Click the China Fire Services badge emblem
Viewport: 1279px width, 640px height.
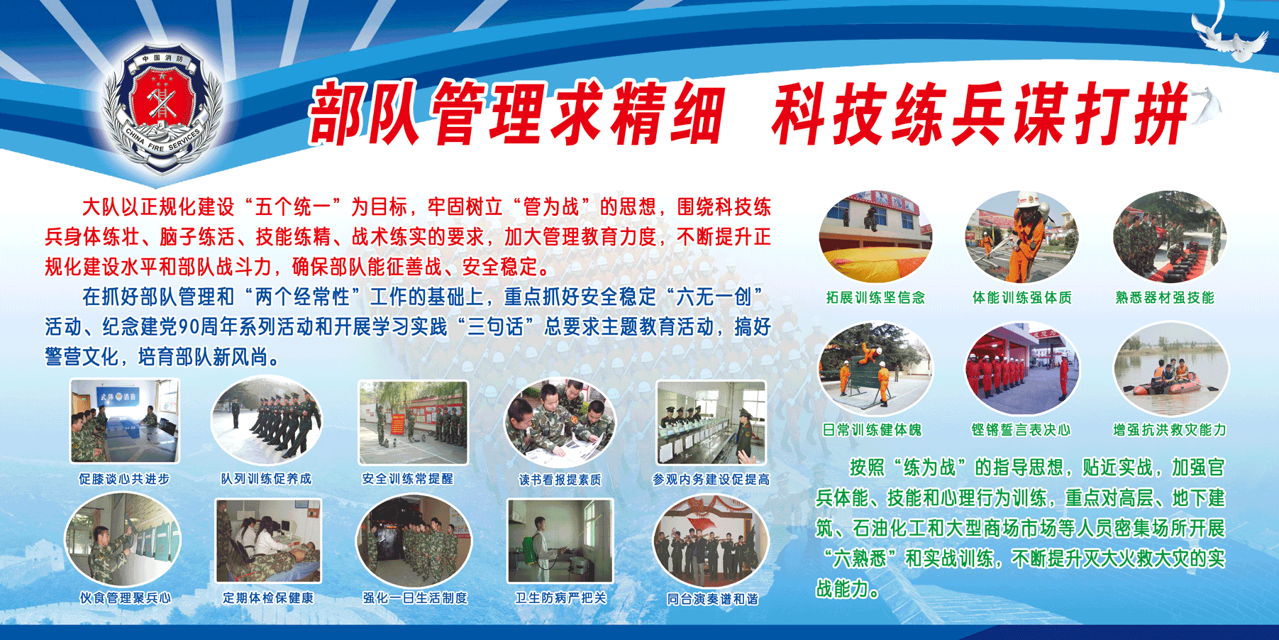pyautogui.click(x=163, y=110)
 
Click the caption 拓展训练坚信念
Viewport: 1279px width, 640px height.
pyautogui.click(x=875, y=298)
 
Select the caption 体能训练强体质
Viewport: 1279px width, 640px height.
pyautogui.click(x=1021, y=298)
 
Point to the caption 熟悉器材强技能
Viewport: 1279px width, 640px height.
pyautogui.click(x=1165, y=298)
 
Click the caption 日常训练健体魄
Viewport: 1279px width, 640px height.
pyautogui.click(x=872, y=430)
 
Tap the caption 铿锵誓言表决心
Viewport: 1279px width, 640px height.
pyautogui.click(x=1021, y=430)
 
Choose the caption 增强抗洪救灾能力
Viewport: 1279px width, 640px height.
pyautogui.click(x=1170, y=430)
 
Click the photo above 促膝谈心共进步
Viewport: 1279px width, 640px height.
pyautogui.click(x=125, y=421)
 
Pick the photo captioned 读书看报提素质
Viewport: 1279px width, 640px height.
pyautogui.click(x=560, y=421)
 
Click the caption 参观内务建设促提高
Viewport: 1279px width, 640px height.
pyautogui.click(x=712, y=480)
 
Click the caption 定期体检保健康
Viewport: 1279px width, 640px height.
pyautogui.click(x=268, y=598)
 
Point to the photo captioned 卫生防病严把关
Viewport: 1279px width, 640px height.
pyautogui.click(x=560, y=541)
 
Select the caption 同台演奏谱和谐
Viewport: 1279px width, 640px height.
pyautogui.click(x=713, y=599)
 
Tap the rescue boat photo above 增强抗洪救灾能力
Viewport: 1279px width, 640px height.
pyautogui.click(x=1170, y=368)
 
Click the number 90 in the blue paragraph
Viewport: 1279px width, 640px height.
pyautogui.click(x=189, y=326)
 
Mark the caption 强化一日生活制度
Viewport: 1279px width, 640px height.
pyautogui.click(x=416, y=598)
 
